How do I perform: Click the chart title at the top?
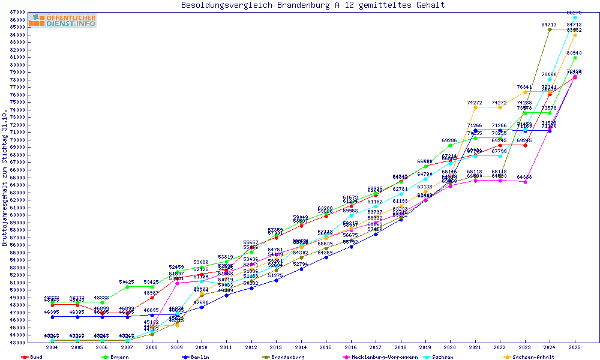tap(313, 5)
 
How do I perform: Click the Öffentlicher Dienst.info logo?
tap(62, 21)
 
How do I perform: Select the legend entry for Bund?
tap(35, 357)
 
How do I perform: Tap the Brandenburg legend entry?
tap(287, 357)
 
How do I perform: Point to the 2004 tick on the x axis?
tap(52, 347)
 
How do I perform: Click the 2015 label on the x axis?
tap(326, 347)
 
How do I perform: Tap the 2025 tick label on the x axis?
tap(575, 347)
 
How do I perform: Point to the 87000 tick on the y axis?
tap(17, 12)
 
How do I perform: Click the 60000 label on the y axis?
tap(17, 215)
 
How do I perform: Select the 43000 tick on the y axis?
tap(17, 342)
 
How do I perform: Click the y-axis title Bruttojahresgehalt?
tap(5, 177)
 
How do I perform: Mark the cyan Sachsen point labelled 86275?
tap(575, 18)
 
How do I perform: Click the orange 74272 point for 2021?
tap(475, 107)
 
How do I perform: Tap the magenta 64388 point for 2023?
tap(525, 182)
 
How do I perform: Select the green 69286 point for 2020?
tap(450, 145)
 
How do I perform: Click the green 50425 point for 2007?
tap(127, 287)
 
